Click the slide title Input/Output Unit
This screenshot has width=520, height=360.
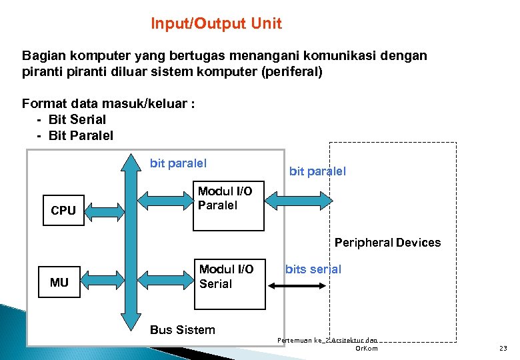[x=216, y=24]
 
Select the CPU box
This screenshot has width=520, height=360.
[x=63, y=210]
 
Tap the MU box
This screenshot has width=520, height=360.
[x=59, y=283]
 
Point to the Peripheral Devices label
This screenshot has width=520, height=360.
[x=387, y=243]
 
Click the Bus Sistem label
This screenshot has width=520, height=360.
[x=182, y=330]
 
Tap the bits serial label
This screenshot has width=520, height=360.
[x=313, y=269]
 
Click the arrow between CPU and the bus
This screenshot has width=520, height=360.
[x=104, y=211]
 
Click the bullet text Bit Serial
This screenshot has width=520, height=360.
[x=77, y=120]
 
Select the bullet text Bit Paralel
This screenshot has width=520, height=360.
[x=81, y=136]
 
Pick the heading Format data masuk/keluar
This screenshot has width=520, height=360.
[x=108, y=103]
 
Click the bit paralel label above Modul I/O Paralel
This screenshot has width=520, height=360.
[x=178, y=163]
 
